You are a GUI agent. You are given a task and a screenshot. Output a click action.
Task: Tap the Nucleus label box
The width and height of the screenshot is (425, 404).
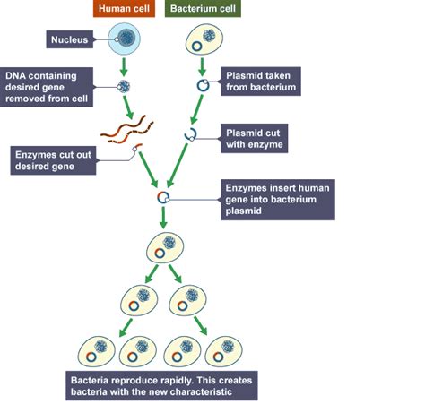(x=68, y=40)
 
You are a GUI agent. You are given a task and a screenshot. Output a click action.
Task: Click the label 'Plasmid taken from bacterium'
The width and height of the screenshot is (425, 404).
(x=261, y=81)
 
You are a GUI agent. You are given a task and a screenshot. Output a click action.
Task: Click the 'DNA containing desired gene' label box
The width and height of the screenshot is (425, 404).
(x=46, y=87)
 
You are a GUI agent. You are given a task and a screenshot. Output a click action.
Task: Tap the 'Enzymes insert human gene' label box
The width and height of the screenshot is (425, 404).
(x=277, y=200)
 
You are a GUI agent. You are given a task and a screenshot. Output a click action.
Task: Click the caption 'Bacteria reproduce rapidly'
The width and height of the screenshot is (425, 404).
(x=161, y=386)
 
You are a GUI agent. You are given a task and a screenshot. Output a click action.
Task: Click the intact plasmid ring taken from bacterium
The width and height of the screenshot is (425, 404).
(x=203, y=86)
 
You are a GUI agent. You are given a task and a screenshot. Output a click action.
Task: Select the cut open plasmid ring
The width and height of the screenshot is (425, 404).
(x=190, y=134)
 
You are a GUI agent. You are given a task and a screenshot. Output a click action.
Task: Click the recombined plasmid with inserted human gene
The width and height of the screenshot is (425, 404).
(x=163, y=197)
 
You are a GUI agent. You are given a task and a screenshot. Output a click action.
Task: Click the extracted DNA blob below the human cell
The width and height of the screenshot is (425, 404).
(x=125, y=86)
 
